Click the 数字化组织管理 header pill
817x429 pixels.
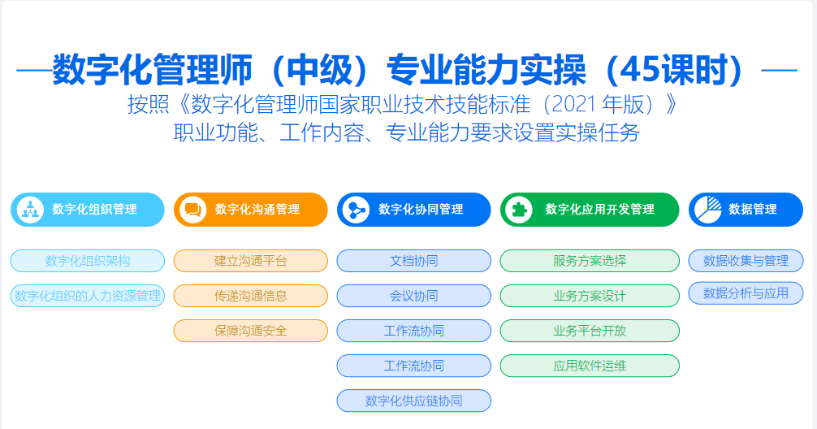(x=88, y=210)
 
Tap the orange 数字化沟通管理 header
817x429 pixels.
(x=251, y=210)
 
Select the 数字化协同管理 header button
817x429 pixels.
(x=413, y=210)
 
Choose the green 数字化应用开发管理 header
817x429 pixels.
(x=590, y=210)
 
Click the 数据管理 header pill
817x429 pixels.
(x=746, y=210)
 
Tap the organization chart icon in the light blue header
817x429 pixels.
(x=30, y=210)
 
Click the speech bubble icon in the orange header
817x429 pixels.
(x=192, y=210)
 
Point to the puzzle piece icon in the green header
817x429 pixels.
(x=519, y=210)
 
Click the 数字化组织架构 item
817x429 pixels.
(x=88, y=261)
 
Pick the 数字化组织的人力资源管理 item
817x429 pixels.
(x=88, y=296)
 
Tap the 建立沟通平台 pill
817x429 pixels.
(x=251, y=261)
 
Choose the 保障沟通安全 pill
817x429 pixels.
(x=251, y=331)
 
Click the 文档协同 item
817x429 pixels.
(x=413, y=261)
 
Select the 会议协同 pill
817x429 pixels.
(x=413, y=296)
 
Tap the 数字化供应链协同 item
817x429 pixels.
(x=413, y=401)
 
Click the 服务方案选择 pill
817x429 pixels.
(x=590, y=261)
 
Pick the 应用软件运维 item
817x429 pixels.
(x=590, y=366)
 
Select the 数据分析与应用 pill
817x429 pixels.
(x=746, y=293)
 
